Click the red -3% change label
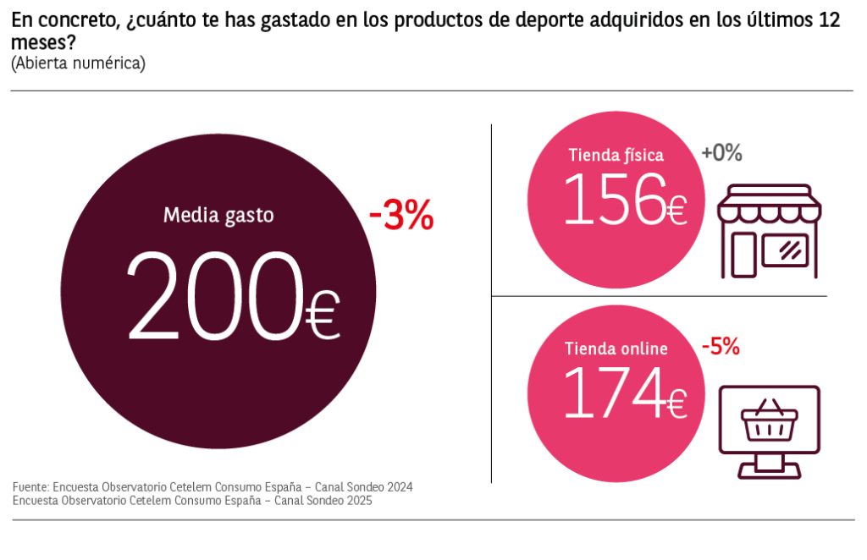(401, 217)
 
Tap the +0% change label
(721, 153)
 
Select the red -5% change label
(721, 346)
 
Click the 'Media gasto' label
(218, 215)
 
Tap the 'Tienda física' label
(616, 155)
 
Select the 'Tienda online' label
(616, 349)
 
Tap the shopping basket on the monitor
(769, 422)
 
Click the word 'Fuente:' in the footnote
(30, 487)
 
